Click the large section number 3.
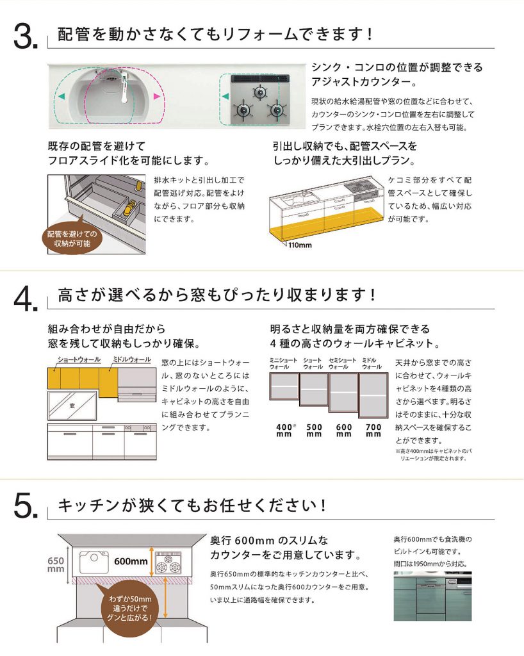coord(26,37)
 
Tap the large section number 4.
coord(26,299)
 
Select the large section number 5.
coord(26,506)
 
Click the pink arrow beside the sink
coord(157,97)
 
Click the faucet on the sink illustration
coord(124,87)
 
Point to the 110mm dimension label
coord(300,245)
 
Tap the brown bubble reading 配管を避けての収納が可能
coord(72,239)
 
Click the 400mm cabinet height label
coord(286,430)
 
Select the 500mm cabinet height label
coord(314,430)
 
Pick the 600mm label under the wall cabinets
coord(344,430)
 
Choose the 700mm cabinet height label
coord(373,430)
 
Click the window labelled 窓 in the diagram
coord(72,406)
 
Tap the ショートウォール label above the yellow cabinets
coord(79,359)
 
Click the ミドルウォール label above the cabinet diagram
coord(132,359)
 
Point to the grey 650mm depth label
coord(56,564)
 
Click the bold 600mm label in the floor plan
coord(131,561)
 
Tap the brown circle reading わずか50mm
coord(130,608)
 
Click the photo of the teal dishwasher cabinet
coord(432,596)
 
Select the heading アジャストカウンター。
coord(364,81)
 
